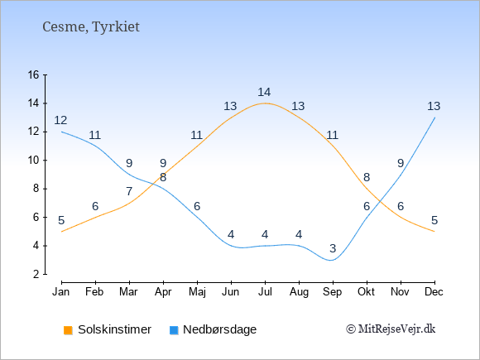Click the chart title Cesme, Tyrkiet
click(91, 26)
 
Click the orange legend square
click(68, 330)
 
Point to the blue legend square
click(174, 330)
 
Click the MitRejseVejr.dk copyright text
click(391, 329)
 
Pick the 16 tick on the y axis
click(33, 74)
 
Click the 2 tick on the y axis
click(36, 274)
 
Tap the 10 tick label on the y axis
click(33, 160)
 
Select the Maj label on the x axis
click(197, 292)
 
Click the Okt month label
click(366, 292)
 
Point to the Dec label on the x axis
click(434, 292)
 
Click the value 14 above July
click(264, 92)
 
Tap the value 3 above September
click(333, 248)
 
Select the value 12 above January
click(60, 120)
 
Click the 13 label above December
click(434, 106)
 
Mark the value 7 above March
click(129, 191)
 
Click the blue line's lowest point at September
click(331, 260)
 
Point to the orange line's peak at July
click(265, 103)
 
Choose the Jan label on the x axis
click(61, 292)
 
